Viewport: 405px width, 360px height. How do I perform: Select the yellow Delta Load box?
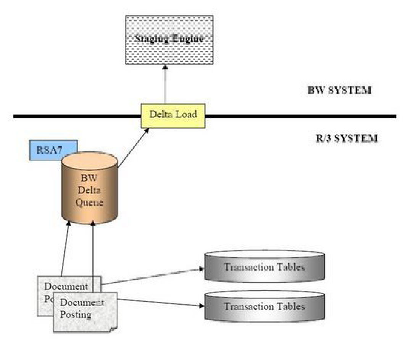[x=173, y=115]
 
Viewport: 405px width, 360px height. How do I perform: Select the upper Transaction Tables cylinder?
[x=265, y=267]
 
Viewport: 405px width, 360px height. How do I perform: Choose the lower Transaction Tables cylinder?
[x=265, y=306]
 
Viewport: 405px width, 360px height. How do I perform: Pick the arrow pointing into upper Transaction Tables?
[x=153, y=276]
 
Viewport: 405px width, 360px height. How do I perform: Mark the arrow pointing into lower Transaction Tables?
[x=160, y=303]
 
